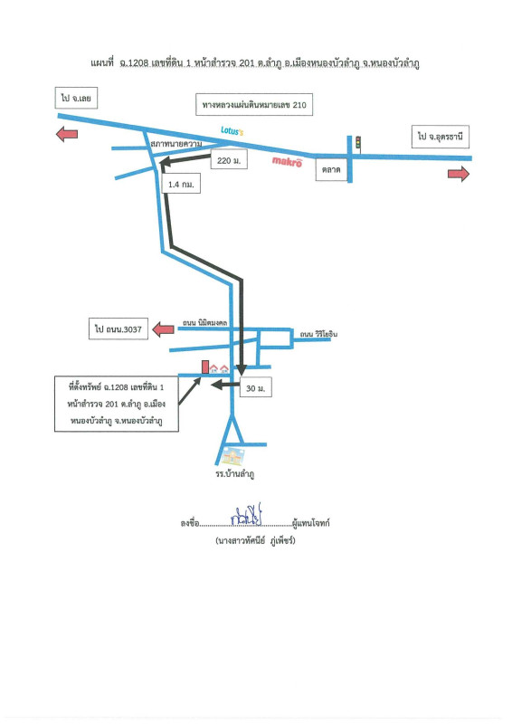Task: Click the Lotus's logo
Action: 232,130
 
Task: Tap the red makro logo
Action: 287,161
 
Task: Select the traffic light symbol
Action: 358,143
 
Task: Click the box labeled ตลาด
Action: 331,169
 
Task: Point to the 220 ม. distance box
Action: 229,160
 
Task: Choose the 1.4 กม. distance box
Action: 181,185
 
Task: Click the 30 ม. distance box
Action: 255,388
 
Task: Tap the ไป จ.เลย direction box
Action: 76,98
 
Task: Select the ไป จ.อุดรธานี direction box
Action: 441,137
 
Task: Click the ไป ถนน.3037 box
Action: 119,329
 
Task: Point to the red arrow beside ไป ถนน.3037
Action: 164,329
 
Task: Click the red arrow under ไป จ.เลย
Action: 67,134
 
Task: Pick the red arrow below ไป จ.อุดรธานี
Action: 459,174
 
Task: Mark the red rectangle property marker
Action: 205,367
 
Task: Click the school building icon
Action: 232,456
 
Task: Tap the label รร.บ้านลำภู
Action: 235,473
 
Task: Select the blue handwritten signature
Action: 247,515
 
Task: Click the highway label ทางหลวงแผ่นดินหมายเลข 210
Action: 254,105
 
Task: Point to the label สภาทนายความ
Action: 176,144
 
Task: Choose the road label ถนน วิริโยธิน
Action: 318,334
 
